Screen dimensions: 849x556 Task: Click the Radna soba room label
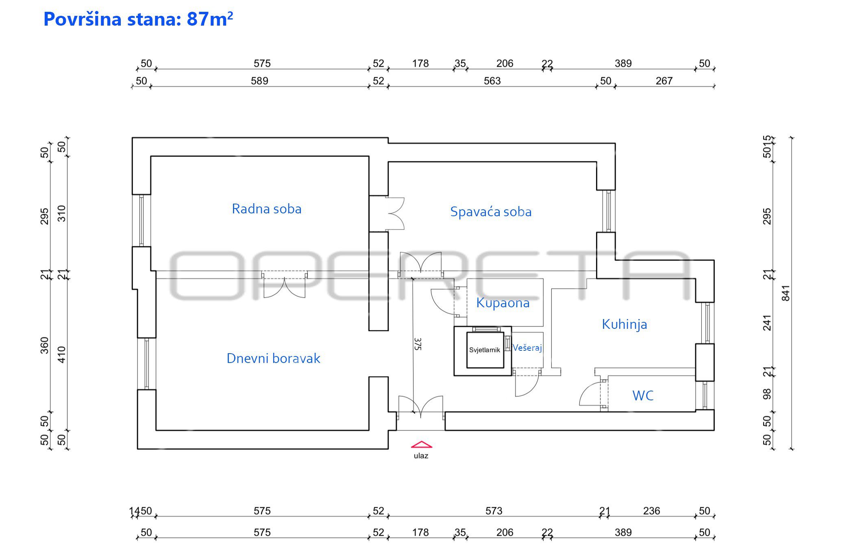click(267, 209)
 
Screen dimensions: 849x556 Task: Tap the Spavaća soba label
click(491, 212)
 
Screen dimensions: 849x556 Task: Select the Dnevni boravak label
click(273, 358)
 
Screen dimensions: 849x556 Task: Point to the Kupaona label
click(503, 303)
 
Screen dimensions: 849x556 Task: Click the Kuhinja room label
click(624, 324)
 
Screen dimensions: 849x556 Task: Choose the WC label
click(643, 395)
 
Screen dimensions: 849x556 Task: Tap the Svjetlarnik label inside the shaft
click(484, 350)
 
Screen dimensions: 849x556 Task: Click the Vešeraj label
click(527, 348)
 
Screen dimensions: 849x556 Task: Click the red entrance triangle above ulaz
click(421, 445)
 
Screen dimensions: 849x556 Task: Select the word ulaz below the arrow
click(421, 456)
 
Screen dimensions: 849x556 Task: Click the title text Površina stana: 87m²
click(138, 19)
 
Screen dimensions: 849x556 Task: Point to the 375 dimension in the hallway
click(418, 344)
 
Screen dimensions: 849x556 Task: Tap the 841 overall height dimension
click(786, 293)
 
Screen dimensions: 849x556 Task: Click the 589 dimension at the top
click(259, 81)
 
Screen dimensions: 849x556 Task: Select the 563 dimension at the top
click(492, 81)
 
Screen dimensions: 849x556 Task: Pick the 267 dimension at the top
click(664, 81)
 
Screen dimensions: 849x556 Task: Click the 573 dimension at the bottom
click(494, 511)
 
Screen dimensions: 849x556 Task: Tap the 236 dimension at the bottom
click(651, 511)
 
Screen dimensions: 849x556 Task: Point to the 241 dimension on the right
click(767, 323)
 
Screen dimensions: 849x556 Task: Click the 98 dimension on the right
click(767, 394)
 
